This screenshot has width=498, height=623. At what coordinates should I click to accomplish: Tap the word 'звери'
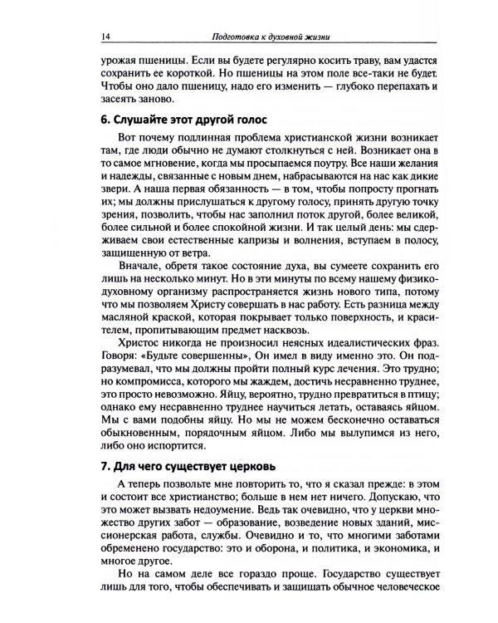point(113,198)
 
